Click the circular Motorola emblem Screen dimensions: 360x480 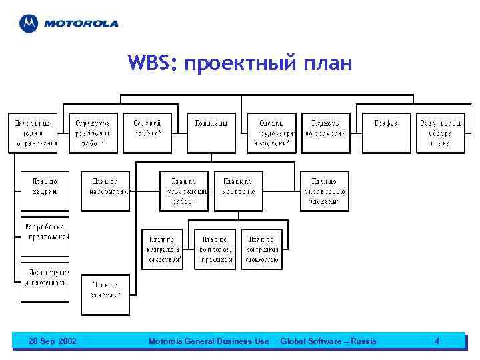[x=29, y=23]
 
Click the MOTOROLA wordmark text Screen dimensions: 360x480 [x=81, y=23]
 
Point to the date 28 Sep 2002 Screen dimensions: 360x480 [x=53, y=341]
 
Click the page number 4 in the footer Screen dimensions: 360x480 [x=437, y=341]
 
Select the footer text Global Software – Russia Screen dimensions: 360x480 [x=328, y=341]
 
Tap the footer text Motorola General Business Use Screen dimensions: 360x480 [x=209, y=341]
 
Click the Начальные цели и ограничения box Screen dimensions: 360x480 [x=33, y=133]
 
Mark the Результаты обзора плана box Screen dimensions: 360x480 [x=440, y=133]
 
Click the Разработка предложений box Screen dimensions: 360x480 [x=45, y=230]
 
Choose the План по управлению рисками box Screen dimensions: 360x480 [x=324, y=191]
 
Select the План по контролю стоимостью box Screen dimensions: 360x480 [x=261, y=249]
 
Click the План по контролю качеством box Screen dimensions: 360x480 [x=162, y=249]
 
